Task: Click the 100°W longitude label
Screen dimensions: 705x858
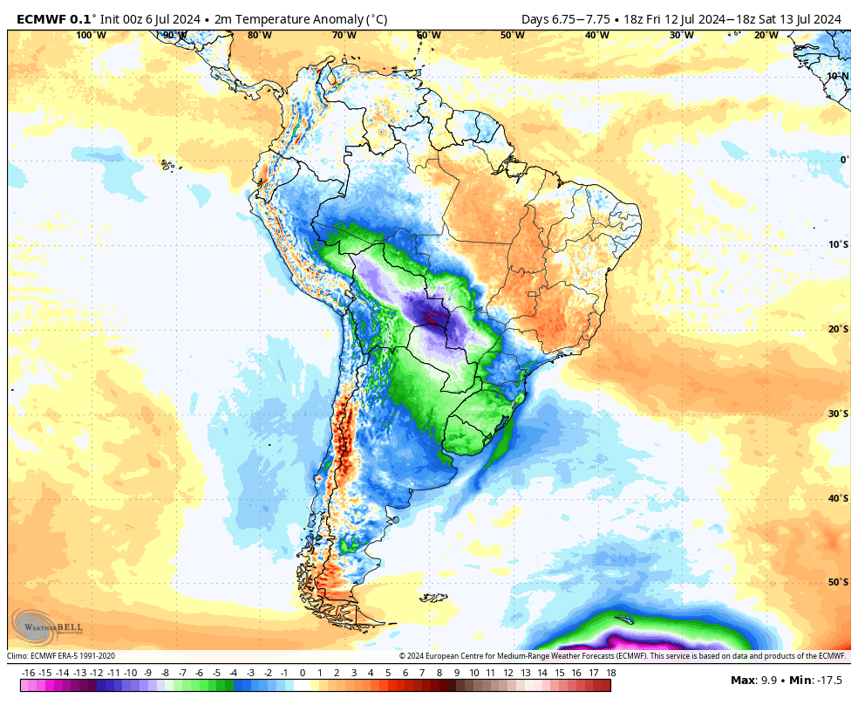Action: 91,35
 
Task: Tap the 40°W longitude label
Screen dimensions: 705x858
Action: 597,35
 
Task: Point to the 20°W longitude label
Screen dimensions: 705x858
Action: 766,35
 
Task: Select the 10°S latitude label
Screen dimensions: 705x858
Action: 838,244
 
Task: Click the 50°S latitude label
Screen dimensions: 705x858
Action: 838,582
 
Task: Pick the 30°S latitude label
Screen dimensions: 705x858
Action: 838,414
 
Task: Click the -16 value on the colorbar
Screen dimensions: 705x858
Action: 28,673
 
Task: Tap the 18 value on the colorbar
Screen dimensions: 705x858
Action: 611,673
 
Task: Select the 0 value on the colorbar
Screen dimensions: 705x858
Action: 303,673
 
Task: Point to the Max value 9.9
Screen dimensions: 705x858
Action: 768,680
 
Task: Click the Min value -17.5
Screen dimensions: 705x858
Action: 828,680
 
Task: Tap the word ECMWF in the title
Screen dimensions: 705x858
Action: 43,18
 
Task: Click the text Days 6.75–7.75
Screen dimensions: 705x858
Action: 562,18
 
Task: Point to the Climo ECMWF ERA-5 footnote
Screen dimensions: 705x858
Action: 61,656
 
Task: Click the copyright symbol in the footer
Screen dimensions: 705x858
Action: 403,656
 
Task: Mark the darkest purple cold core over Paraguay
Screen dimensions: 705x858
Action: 431,315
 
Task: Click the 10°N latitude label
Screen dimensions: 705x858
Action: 838,76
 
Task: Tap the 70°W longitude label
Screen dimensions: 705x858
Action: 344,35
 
